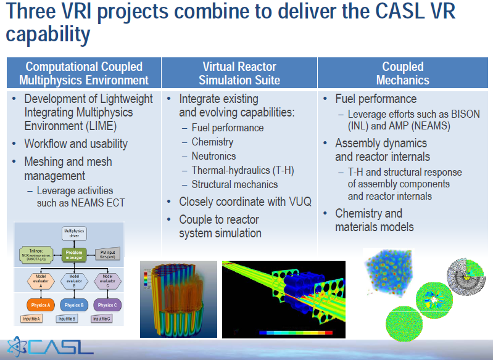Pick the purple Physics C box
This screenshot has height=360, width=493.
106,305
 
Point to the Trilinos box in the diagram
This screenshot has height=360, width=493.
36,253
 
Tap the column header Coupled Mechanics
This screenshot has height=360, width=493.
403,73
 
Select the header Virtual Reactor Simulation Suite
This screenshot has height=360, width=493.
239,73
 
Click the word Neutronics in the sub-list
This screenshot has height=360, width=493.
213,156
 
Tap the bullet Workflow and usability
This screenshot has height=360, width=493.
76,144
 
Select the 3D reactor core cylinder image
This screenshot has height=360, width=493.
178,299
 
